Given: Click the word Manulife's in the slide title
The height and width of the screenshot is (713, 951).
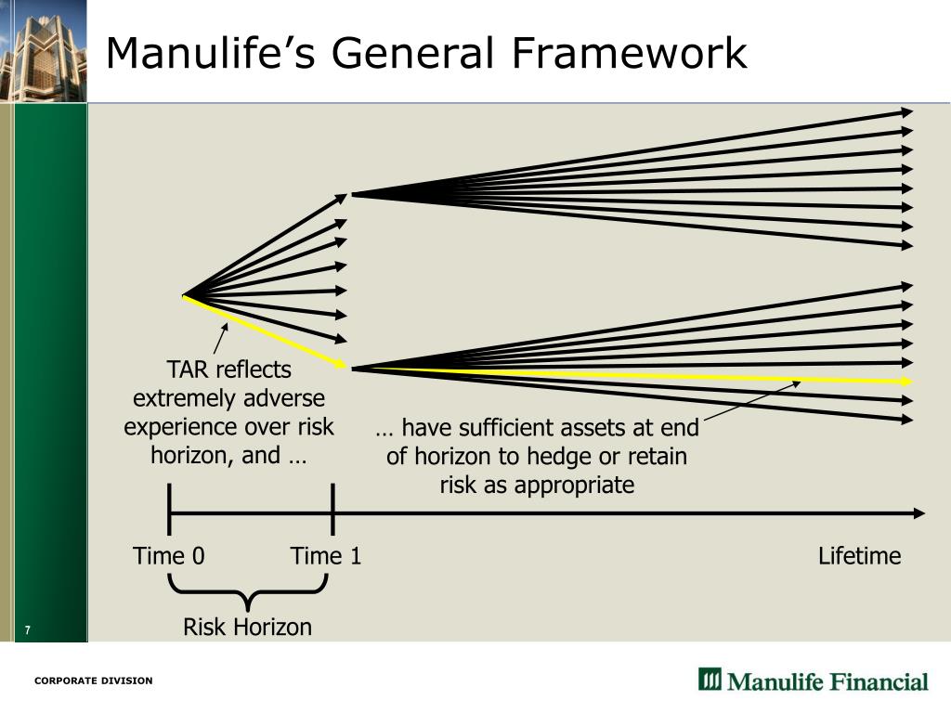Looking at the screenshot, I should pos(211,53).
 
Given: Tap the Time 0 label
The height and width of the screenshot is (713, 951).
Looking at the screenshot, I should pos(169,556).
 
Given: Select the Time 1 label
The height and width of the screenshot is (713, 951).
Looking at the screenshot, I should pos(325,556).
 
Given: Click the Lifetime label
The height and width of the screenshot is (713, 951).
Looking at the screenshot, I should pos(859,556).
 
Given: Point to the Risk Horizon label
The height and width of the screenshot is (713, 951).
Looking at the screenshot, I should pos(247,628).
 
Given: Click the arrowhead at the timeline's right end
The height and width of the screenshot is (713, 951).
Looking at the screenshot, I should pos(918,513).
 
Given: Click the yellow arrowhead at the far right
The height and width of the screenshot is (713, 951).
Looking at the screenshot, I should pos(906,382).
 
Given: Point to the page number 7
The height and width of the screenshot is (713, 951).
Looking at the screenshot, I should pos(28,631).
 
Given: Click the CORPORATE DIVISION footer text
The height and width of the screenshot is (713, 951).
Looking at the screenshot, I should pos(93,681).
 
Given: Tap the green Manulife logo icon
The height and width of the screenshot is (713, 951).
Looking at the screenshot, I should pos(710,680).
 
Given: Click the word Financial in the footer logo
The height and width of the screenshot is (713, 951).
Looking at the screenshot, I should pos(874,681).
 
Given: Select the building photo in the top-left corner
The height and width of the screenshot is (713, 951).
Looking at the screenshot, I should pos(43,51).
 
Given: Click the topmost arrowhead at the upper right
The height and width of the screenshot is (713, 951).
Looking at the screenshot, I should pos(906,112).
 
